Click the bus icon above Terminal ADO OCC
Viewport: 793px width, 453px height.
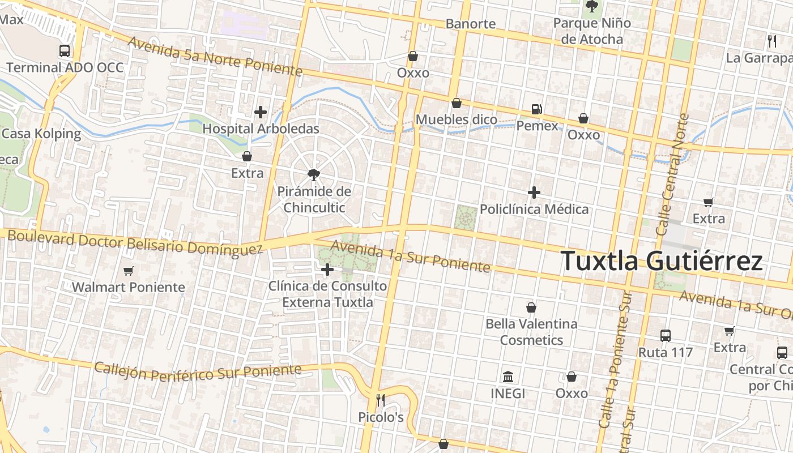click(65, 51)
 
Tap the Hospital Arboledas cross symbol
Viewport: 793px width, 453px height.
click(261, 112)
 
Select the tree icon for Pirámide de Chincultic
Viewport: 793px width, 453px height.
click(313, 174)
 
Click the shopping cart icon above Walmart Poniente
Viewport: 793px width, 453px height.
click(128, 271)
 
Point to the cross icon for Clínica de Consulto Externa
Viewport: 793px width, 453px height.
click(327, 270)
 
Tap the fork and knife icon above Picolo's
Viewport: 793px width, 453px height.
click(381, 400)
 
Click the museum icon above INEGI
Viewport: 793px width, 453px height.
click(508, 377)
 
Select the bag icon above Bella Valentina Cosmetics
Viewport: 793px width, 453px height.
click(531, 307)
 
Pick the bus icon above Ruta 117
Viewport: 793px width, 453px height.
click(666, 335)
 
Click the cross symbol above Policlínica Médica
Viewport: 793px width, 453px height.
click(534, 193)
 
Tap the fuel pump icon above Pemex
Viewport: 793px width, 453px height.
click(536, 109)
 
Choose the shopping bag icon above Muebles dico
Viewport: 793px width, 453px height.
click(456, 103)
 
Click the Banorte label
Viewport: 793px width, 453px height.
click(471, 24)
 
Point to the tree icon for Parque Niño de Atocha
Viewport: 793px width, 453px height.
click(592, 7)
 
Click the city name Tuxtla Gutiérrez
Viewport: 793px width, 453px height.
click(662, 261)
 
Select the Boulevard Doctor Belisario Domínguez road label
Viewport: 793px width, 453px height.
click(135, 242)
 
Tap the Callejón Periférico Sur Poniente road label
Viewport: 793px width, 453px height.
click(198, 372)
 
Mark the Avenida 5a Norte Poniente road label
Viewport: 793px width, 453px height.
click(215, 57)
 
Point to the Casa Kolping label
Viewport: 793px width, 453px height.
click(41, 134)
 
